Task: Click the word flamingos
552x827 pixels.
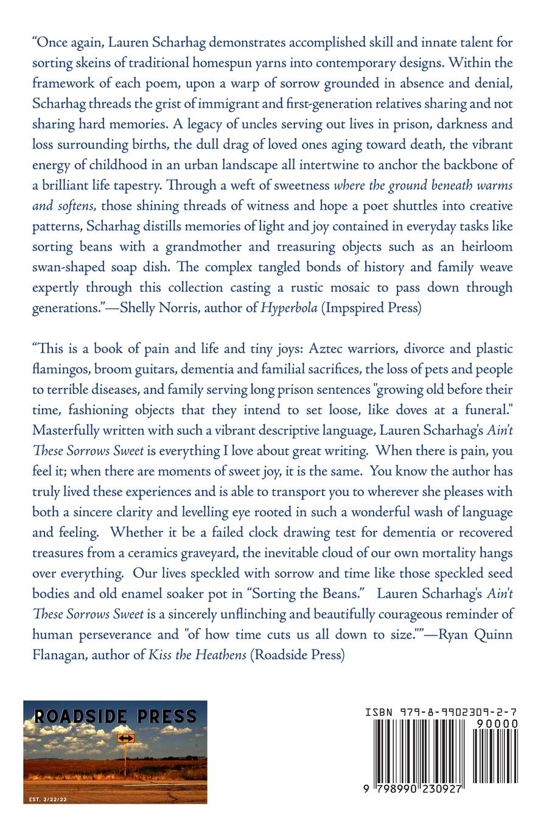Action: [x=59, y=369]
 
